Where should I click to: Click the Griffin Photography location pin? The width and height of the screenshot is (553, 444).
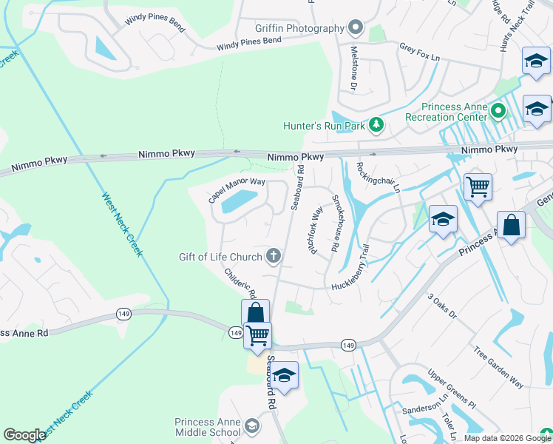[x=356, y=29]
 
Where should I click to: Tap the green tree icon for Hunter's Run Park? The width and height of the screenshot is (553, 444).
[x=376, y=124]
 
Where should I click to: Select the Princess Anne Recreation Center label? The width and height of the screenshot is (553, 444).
[x=446, y=112]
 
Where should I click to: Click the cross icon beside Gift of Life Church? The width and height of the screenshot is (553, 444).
[x=274, y=257]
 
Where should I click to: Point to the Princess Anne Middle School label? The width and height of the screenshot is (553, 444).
[x=208, y=427]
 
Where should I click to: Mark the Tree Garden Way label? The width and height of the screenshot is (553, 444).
[x=498, y=367]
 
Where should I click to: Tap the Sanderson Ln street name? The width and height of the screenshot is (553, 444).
[x=425, y=406]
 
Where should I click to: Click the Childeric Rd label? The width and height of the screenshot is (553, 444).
[x=240, y=283]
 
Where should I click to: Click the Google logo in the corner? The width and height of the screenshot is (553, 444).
[x=24, y=435]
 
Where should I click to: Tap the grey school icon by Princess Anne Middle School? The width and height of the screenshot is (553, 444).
[x=252, y=426]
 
